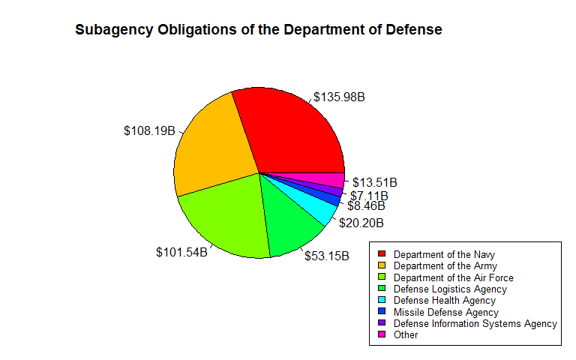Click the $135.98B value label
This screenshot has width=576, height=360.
[x=339, y=97]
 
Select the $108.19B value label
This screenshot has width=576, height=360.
[x=149, y=130]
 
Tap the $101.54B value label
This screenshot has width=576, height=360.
[x=181, y=252]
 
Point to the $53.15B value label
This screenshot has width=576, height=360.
[x=327, y=256]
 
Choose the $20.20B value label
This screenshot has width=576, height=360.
[x=361, y=223]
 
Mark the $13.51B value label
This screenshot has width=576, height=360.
[x=375, y=182]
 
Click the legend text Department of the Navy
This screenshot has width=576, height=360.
[x=444, y=254]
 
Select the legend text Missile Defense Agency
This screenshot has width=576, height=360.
[x=445, y=312]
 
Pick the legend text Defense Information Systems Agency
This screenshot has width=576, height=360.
[x=475, y=324]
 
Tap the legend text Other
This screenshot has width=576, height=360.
[x=406, y=335]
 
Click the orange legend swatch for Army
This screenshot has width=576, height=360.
[x=382, y=265]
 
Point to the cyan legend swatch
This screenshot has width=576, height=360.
[x=382, y=301]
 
